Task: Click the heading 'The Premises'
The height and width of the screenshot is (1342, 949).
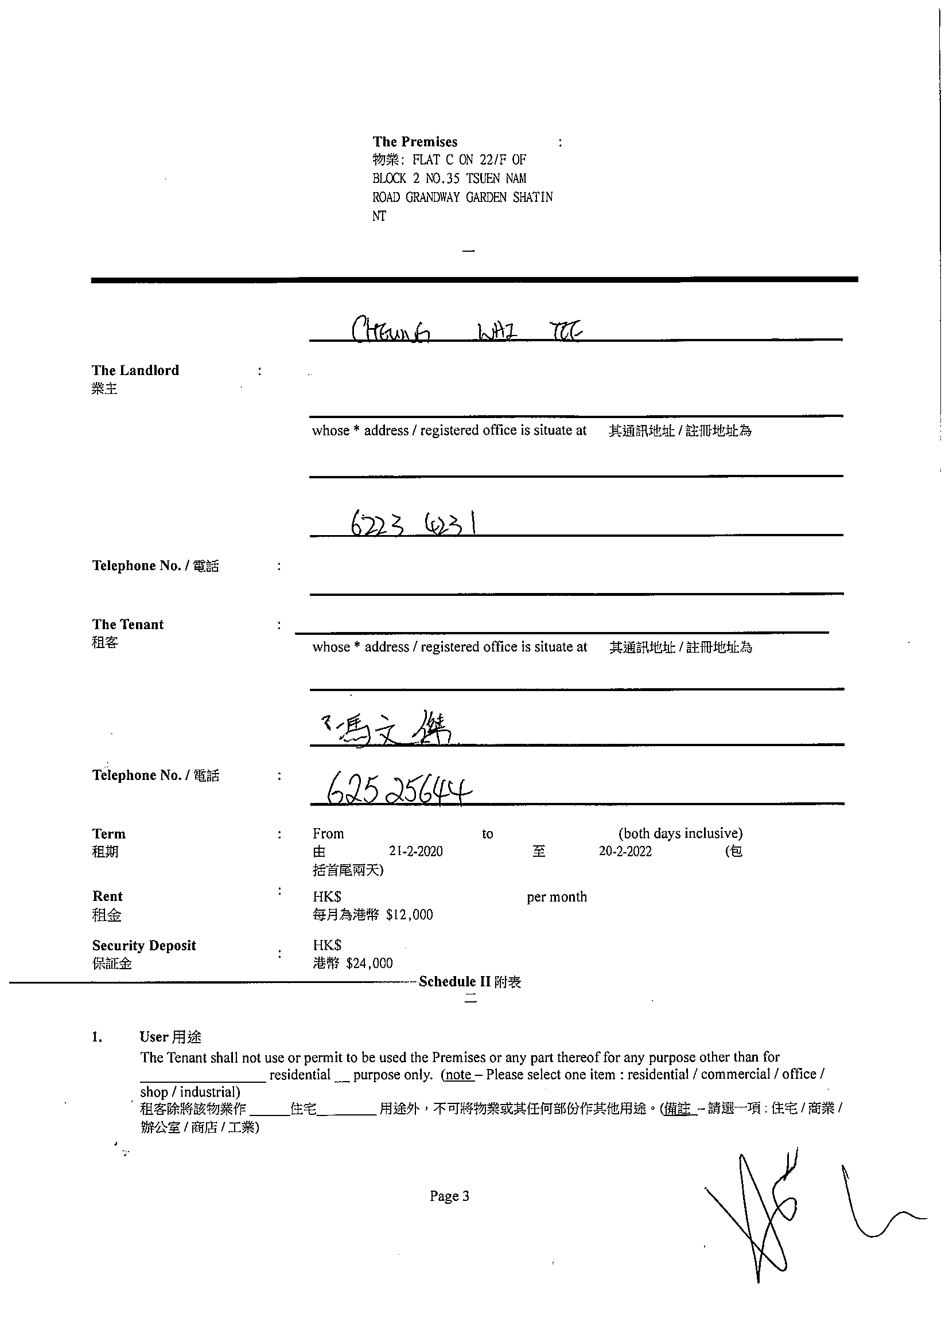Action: click(x=415, y=142)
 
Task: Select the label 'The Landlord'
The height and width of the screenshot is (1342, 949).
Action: click(x=135, y=370)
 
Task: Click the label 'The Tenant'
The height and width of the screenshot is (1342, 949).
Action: click(x=128, y=624)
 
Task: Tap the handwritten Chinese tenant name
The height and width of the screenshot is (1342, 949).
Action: click(x=389, y=729)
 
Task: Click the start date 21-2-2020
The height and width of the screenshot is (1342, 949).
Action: click(x=416, y=852)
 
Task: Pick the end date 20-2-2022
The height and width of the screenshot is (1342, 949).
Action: click(x=625, y=852)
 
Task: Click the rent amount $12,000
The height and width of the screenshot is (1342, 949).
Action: click(x=409, y=915)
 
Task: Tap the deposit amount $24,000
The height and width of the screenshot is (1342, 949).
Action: click(x=369, y=963)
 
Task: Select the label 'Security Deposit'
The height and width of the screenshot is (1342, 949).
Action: click(x=144, y=945)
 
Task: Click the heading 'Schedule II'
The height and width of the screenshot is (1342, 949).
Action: click(x=454, y=981)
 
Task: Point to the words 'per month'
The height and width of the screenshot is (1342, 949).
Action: click(x=557, y=896)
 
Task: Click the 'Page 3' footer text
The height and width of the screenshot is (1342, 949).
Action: click(x=449, y=1196)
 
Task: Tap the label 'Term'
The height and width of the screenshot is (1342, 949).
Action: click(x=109, y=833)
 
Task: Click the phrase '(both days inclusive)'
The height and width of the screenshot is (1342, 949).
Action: click(x=680, y=833)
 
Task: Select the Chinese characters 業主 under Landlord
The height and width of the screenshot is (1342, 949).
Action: click(x=104, y=389)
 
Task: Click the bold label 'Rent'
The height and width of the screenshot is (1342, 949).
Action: click(x=108, y=896)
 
